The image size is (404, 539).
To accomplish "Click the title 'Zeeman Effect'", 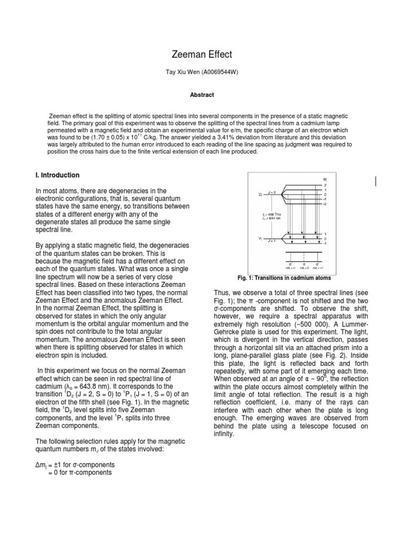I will pos(203,54).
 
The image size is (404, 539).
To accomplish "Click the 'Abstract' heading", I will pos(202,95).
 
